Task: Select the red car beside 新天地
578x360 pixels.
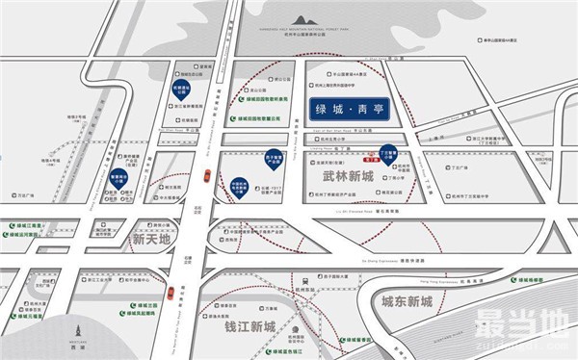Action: [x=208, y=174]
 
